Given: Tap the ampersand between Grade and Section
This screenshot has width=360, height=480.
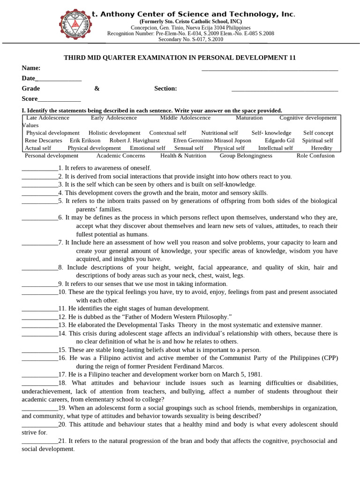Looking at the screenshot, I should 97,89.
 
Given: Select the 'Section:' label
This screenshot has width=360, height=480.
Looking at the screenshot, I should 165,89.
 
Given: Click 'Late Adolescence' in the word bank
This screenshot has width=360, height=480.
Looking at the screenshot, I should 47,118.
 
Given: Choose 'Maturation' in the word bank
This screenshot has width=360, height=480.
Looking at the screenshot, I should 249,118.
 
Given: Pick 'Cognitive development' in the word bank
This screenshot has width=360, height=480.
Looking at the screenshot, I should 308,118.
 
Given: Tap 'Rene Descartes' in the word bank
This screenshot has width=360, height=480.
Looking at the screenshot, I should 44,140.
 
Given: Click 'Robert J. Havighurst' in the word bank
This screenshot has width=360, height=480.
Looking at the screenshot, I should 135,140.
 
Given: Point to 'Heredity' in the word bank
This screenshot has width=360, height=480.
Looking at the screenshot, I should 322,148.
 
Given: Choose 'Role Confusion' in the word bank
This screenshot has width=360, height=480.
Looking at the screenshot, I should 315,156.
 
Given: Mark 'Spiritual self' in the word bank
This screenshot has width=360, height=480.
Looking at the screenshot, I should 318,140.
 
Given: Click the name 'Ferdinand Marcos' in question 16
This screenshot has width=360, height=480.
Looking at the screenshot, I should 200,367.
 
